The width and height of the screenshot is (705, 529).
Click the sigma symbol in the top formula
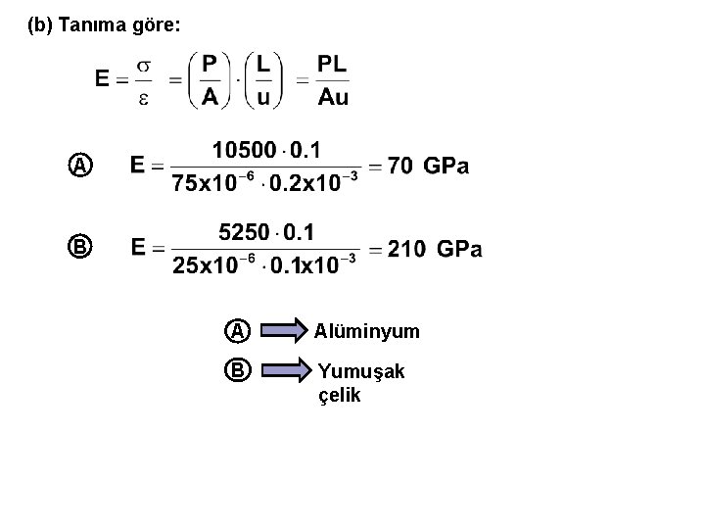point(143,66)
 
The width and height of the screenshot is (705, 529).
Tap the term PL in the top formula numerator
point(332,65)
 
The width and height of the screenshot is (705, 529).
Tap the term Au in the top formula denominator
point(332,96)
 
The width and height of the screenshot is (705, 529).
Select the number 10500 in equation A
point(245,150)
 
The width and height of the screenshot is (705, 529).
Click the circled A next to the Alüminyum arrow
point(238,331)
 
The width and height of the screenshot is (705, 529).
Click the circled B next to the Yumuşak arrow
point(238,371)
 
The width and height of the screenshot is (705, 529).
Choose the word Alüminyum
point(367,332)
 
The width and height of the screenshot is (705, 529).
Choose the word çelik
point(340,396)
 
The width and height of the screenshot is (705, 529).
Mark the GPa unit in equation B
point(459,249)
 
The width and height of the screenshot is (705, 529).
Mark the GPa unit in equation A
point(446,167)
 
